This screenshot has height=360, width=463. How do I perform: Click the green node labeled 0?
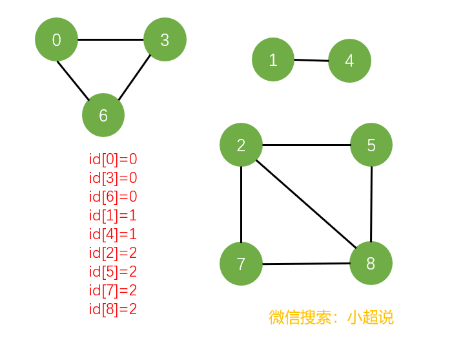(56, 39)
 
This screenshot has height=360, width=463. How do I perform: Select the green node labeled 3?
(165, 39)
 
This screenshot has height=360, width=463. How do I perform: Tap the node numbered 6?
(103, 115)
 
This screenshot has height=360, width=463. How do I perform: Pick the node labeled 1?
(273, 60)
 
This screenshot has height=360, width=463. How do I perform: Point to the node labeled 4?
(349, 61)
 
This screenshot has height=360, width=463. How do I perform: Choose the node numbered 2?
(241, 145)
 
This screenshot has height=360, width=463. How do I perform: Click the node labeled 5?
(371, 145)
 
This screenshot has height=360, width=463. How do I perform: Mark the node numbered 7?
(241, 264)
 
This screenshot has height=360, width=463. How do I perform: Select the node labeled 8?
(371, 263)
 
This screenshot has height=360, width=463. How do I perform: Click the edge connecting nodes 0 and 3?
(110, 39)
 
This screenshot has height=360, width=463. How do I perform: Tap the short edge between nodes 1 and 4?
(311, 61)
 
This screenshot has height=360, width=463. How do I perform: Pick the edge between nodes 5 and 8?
(371, 204)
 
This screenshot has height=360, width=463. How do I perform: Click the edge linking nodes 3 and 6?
(134, 77)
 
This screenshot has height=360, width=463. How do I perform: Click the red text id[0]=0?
(113, 159)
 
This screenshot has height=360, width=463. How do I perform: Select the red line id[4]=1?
(113, 234)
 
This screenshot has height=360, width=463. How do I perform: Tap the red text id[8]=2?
(113, 309)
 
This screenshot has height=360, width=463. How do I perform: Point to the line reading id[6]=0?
(113, 196)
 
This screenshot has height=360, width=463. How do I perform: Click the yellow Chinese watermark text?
(331, 317)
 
